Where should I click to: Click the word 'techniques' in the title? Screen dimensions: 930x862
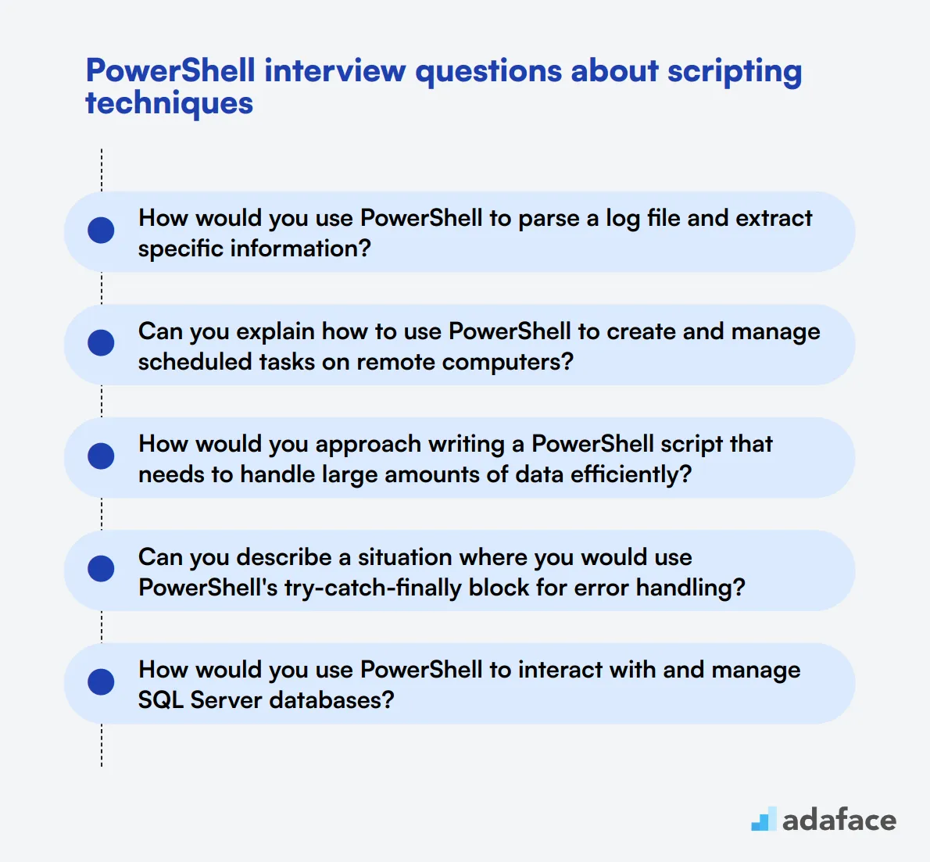pos(169,103)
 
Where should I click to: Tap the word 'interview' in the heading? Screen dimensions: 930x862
pos(335,70)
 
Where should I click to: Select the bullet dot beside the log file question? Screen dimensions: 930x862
pos(101,231)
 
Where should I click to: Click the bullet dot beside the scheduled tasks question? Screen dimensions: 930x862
pos(101,343)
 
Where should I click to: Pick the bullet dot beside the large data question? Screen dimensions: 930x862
pos(101,456)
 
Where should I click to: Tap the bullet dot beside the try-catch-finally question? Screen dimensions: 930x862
pos(101,569)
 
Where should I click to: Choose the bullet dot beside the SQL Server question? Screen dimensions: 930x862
pos(101,682)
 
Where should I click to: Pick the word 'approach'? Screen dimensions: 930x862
pos(368,445)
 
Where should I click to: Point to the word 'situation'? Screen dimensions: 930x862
pos(404,557)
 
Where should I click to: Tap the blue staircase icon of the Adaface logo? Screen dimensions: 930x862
pos(764,819)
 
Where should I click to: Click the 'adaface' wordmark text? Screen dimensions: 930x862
pos(839,820)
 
